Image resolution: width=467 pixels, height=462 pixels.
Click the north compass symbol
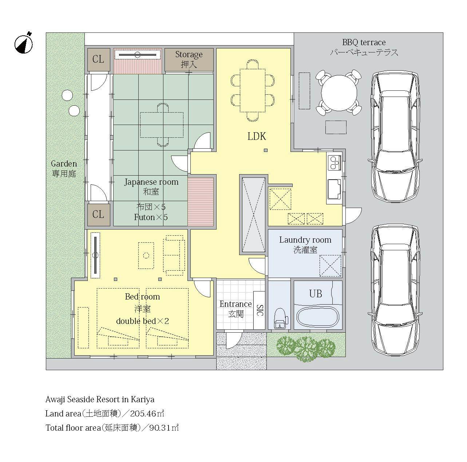(24, 44)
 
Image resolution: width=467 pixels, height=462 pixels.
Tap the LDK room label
(257, 136)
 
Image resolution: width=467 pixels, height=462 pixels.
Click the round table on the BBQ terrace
(339, 93)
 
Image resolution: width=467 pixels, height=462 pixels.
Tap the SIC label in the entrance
(260, 310)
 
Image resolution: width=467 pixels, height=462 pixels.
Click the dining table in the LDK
(253, 90)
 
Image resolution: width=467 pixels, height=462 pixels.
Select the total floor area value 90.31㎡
(164, 427)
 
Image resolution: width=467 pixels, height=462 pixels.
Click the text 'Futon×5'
(151, 217)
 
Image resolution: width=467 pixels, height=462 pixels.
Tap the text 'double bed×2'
(142, 321)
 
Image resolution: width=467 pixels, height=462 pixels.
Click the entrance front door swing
(234, 340)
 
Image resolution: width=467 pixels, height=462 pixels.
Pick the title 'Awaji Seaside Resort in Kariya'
(100, 399)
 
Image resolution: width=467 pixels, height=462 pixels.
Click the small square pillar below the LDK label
(266, 150)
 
